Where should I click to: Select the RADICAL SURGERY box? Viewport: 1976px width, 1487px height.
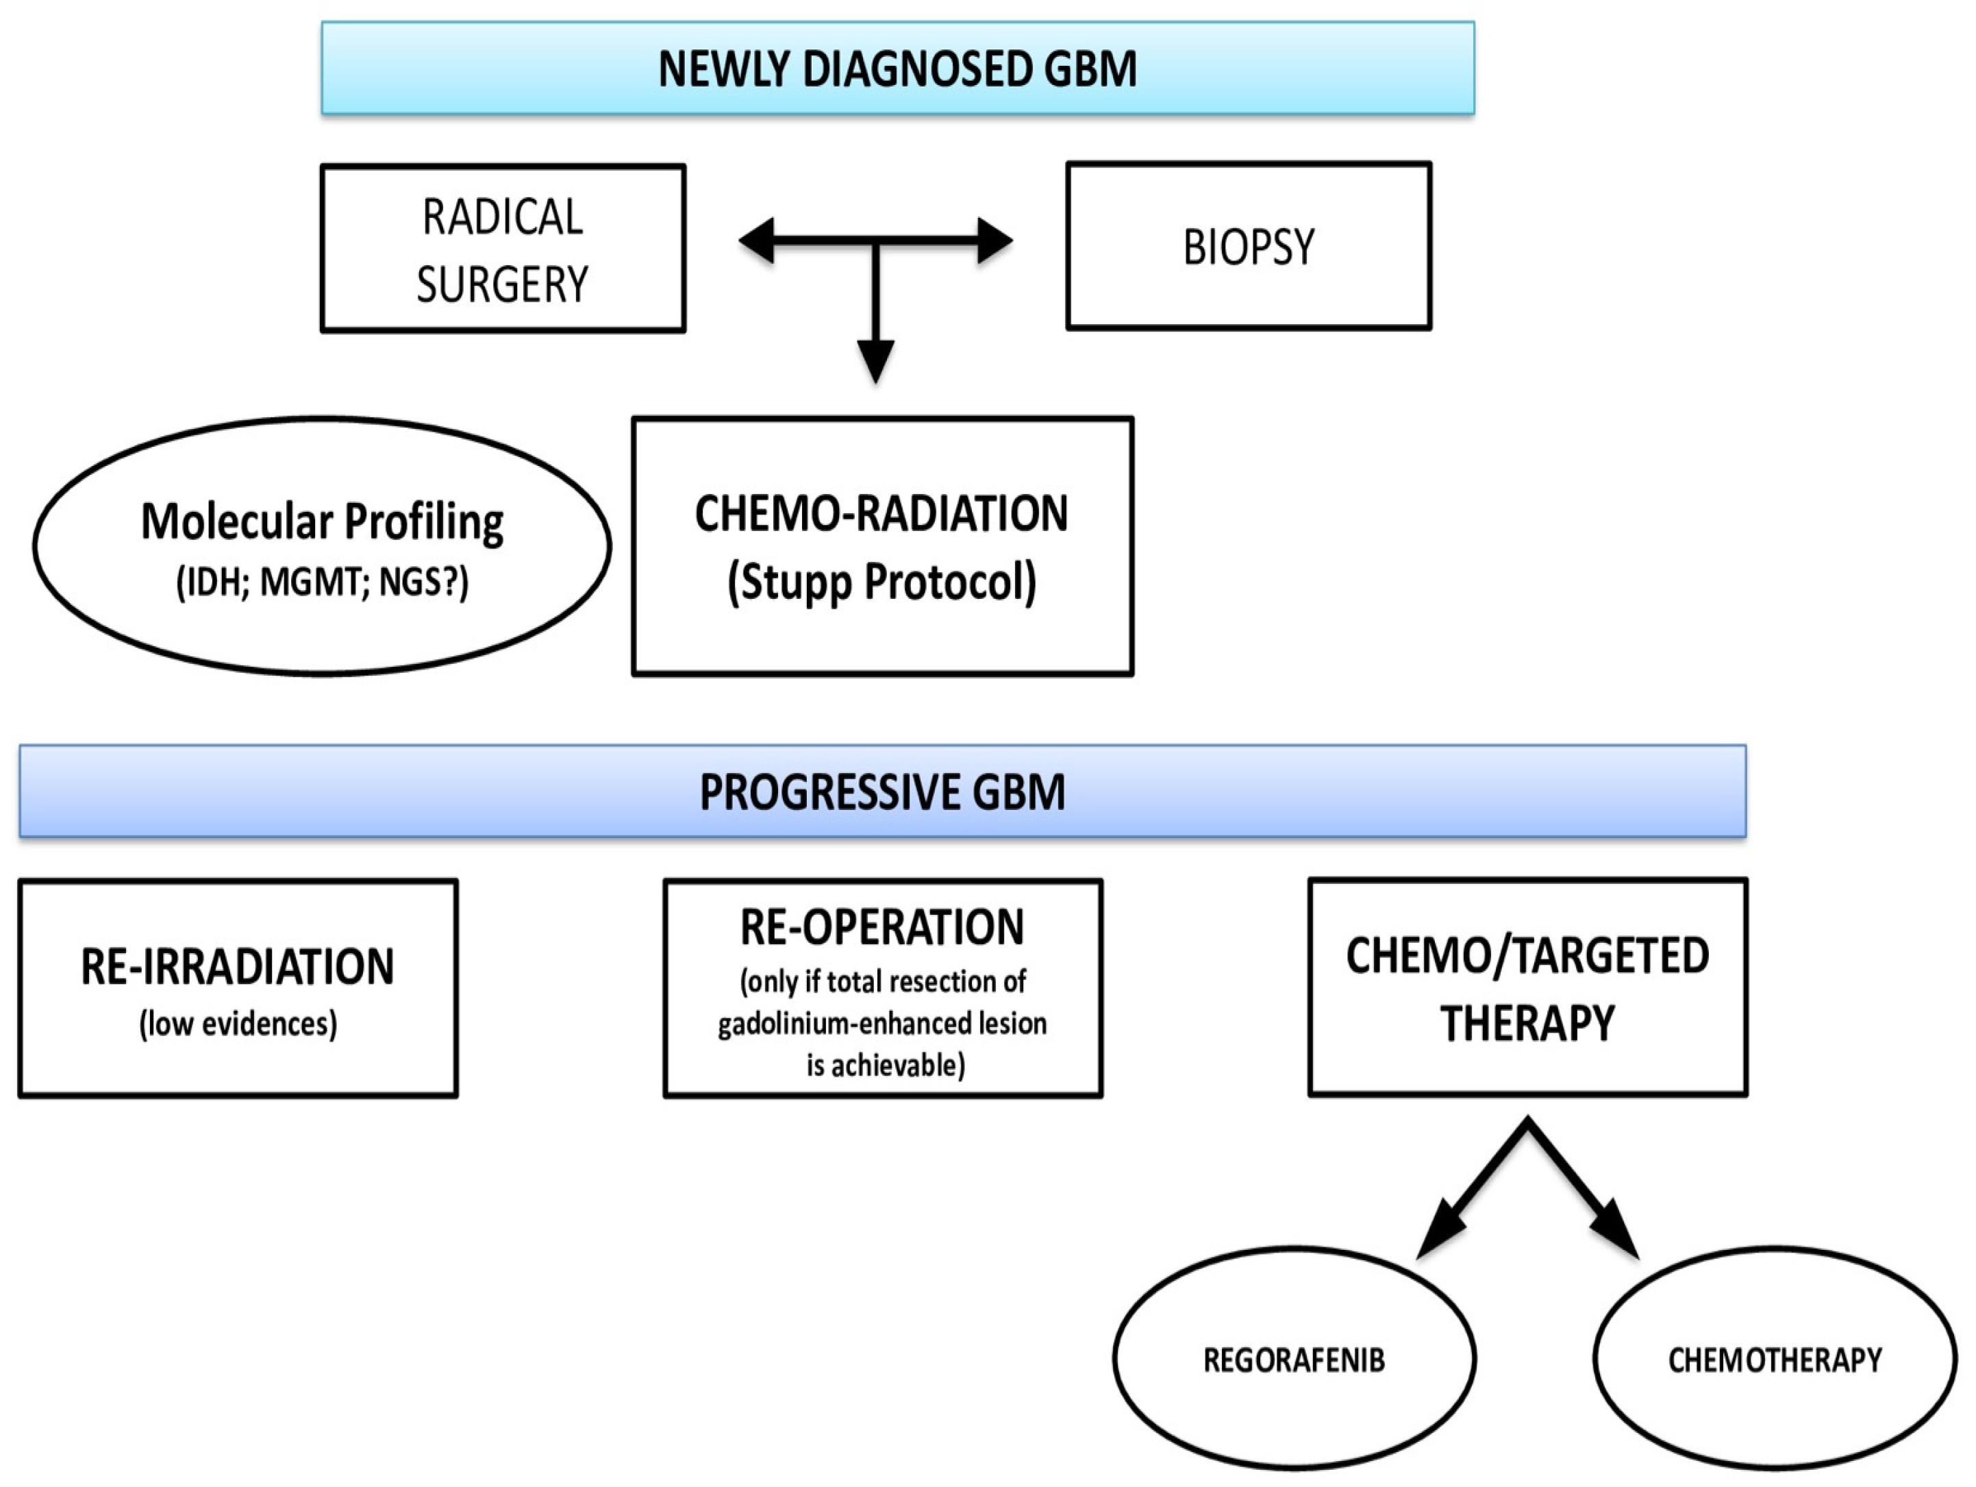[503, 249]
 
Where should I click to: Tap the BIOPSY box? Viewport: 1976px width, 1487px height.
[1248, 247]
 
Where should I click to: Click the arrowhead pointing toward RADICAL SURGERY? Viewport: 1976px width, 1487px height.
[758, 241]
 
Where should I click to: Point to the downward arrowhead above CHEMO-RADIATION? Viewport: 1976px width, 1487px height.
[875, 361]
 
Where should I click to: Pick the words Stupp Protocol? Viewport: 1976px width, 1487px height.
[881, 582]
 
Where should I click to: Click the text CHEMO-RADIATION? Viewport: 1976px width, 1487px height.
[881, 514]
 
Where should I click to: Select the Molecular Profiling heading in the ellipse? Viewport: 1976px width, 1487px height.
[323, 522]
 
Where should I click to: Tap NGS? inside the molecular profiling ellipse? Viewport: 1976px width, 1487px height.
[420, 582]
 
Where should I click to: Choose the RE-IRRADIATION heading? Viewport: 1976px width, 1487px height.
[238, 967]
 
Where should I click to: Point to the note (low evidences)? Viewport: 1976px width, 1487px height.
[238, 1023]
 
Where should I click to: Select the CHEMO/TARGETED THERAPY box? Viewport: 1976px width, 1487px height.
[1527, 987]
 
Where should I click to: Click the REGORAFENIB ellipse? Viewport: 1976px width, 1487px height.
[1294, 1360]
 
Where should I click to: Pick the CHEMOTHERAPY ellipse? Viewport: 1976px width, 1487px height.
[1774, 1360]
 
